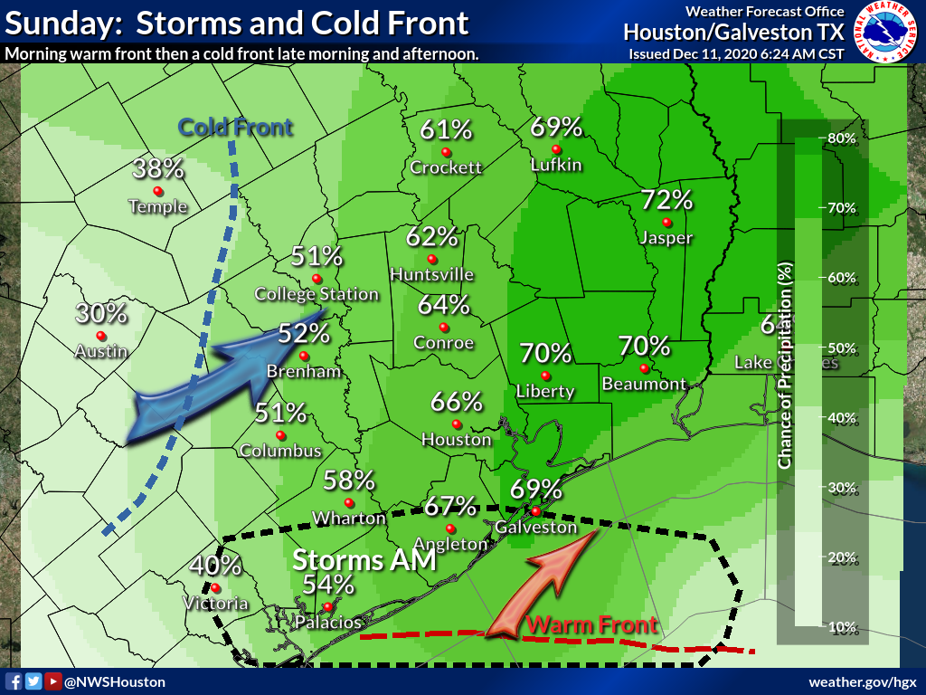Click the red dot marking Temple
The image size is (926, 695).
157,190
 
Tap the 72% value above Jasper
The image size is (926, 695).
666,200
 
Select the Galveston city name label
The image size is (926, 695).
535,527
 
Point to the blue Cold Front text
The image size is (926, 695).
235,127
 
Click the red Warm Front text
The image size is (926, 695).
591,624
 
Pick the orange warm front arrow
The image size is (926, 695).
541,584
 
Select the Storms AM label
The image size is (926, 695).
364,560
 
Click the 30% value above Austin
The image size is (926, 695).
101,314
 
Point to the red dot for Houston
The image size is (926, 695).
457,424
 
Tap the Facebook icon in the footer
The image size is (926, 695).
14,681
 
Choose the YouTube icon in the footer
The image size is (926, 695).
53,681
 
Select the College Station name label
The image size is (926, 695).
317,294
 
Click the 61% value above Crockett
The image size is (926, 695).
446,130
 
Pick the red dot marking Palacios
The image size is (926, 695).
326,606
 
